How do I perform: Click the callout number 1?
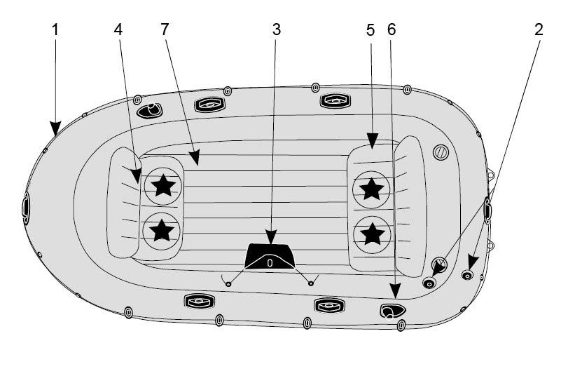[56, 29]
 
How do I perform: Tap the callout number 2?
[538, 29]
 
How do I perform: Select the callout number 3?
[276, 29]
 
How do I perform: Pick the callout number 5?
[370, 29]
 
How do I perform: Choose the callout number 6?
[391, 29]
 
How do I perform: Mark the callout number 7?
[165, 29]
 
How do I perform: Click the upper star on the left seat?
[164, 186]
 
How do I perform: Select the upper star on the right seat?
[371, 188]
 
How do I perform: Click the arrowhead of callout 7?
[197, 161]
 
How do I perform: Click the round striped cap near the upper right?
[440, 152]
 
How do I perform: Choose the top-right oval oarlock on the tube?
[335, 100]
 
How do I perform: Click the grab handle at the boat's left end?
[26, 208]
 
